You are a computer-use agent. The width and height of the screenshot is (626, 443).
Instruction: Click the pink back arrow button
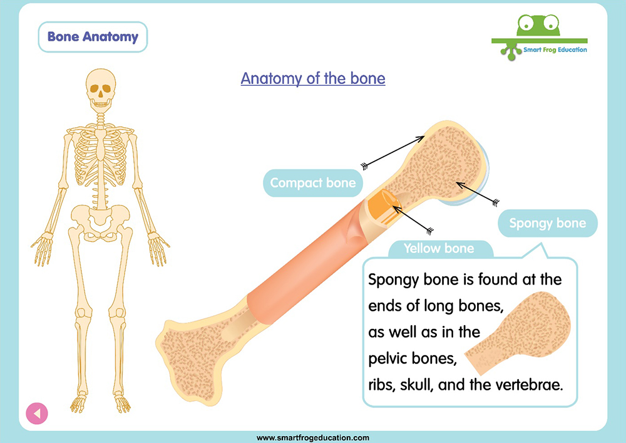[37, 413]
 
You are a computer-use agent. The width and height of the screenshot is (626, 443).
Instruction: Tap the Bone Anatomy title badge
[93, 37]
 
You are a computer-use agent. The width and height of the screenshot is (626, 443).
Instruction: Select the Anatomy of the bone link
[313, 78]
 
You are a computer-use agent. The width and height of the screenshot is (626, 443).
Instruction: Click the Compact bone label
[312, 182]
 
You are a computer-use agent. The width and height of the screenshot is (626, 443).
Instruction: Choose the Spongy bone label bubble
[547, 223]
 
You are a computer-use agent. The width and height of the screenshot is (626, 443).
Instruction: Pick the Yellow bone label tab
[439, 249]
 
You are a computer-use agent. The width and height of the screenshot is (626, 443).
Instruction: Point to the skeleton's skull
[100, 90]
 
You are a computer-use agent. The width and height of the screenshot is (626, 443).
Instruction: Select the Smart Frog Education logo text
[555, 50]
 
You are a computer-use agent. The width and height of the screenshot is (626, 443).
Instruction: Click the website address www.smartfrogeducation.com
[312, 438]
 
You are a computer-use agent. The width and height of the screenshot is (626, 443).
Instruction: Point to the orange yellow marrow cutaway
[383, 208]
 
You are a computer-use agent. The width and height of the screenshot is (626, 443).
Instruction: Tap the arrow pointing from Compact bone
[393, 152]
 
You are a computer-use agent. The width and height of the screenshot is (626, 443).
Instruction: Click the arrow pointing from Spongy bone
[478, 194]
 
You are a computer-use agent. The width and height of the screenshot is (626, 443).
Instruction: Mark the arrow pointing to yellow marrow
[413, 219]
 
